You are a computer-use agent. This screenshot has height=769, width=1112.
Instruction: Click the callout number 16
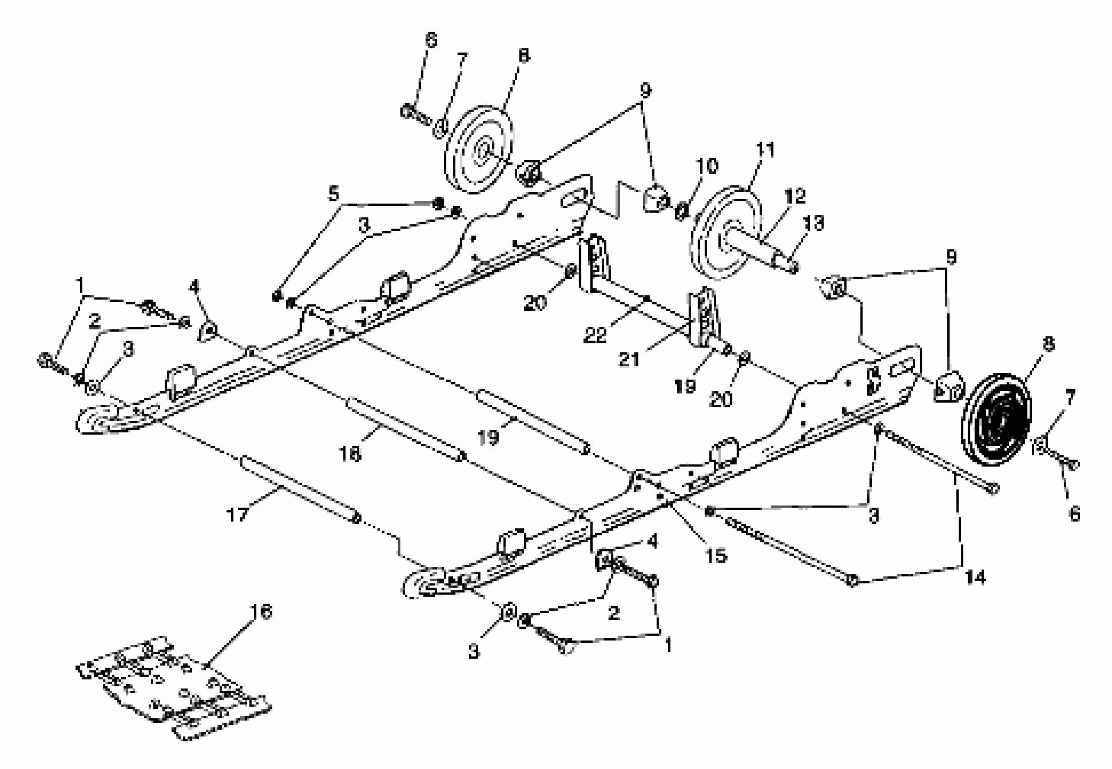(x=261, y=612)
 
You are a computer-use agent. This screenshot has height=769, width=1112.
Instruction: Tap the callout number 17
(x=237, y=515)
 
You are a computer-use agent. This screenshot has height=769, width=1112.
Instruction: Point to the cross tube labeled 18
(x=405, y=428)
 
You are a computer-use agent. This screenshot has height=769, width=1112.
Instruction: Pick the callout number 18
(x=350, y=453)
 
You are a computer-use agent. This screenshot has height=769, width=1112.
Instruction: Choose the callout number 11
(x=765, y=150)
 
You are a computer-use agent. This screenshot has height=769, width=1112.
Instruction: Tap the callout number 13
(x=814, y=223)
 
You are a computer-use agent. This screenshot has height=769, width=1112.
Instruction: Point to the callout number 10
(x=707, y=166)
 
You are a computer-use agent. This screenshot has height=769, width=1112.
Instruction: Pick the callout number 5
(x=333, y=194)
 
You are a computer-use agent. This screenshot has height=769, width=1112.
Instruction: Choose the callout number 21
(x=629, y=359)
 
